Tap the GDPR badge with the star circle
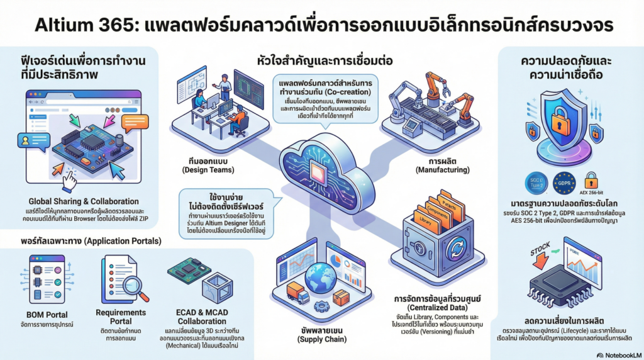click(564, 184)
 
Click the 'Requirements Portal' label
click(121, 317)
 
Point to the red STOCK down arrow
click(541, 259)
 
